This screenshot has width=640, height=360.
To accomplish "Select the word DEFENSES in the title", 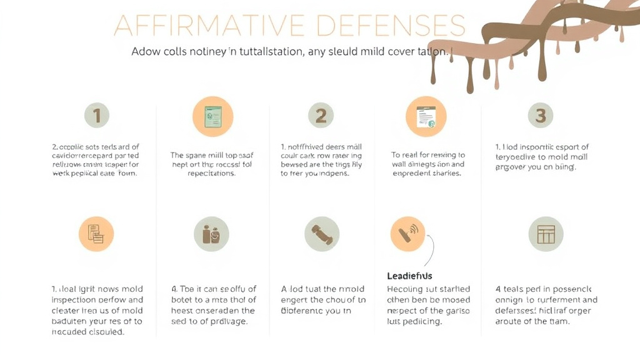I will point(391,26).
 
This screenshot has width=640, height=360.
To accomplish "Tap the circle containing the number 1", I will point(97,116).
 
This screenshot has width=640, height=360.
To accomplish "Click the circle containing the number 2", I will point(321,116).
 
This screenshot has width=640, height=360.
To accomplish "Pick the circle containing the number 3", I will point(541,116).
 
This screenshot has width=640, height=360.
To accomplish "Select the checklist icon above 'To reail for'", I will point(426,116).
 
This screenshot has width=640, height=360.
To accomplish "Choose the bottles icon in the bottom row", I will point(211,234).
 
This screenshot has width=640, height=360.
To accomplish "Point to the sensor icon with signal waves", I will point(407,234).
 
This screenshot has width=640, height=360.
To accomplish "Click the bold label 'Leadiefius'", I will point(409,276).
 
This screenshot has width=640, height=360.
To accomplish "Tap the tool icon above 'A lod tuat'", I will point(321,234).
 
